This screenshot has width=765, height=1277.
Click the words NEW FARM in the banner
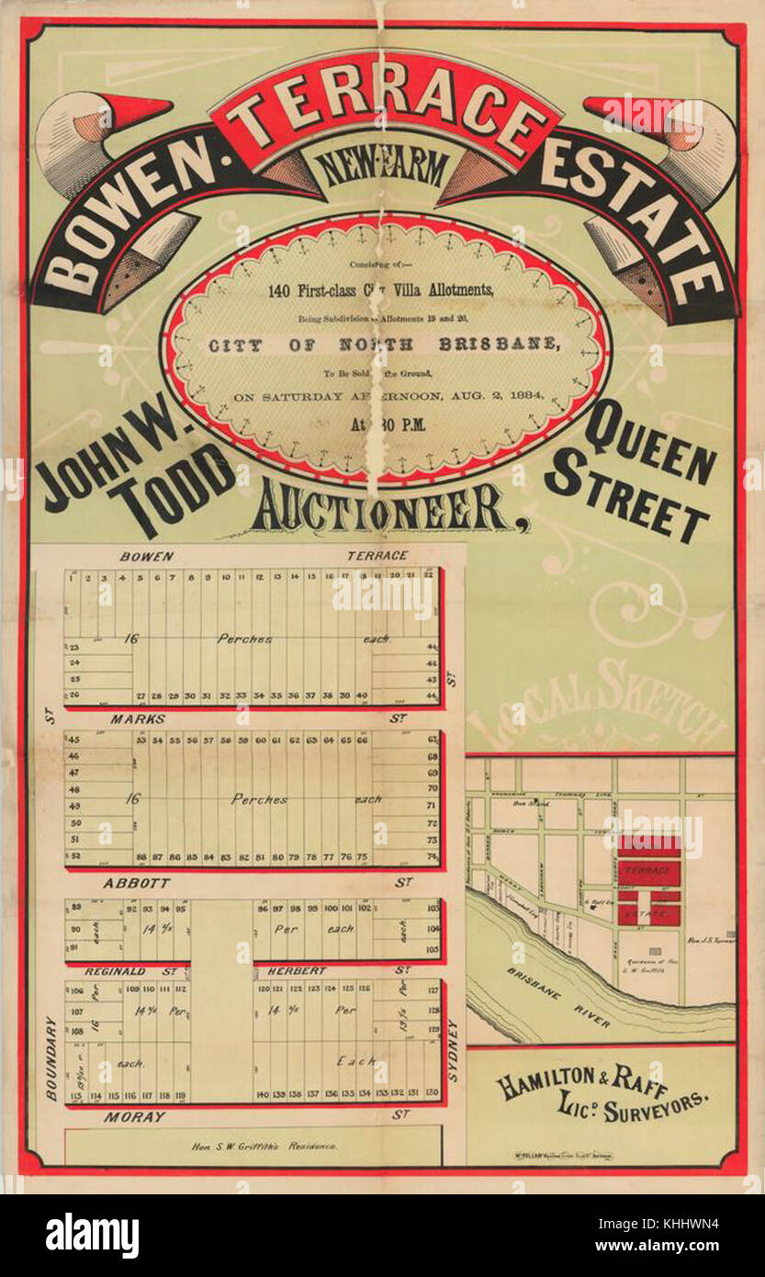[x=383, y=168]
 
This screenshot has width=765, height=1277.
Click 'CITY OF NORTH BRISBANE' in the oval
[x=382, y=345]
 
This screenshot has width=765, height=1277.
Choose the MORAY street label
[x=134, y=1117]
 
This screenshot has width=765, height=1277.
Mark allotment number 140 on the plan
[x=263, y=1094]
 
